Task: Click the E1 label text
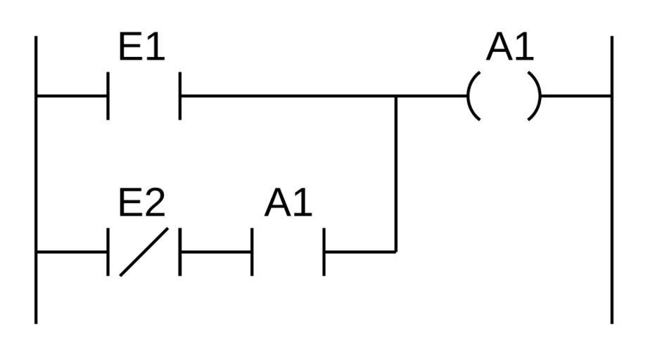(141, 48)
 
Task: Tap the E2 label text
(141, 203)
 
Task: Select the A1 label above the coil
(510, 48)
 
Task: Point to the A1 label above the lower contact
(288, 203)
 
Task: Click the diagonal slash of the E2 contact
(144, 251)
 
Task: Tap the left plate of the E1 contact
(108, 96)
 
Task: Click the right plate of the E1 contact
(180, 96)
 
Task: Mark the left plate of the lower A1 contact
(252, 251)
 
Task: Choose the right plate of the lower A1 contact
(324, 251)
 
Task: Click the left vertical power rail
(36, 176)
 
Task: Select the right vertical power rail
(611, 176)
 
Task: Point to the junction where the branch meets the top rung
(396, 96)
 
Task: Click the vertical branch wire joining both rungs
(396, 176)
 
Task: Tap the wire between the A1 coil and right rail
(577, 96)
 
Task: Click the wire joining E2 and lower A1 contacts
(216, 251)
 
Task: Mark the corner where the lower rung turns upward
(396, 251)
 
